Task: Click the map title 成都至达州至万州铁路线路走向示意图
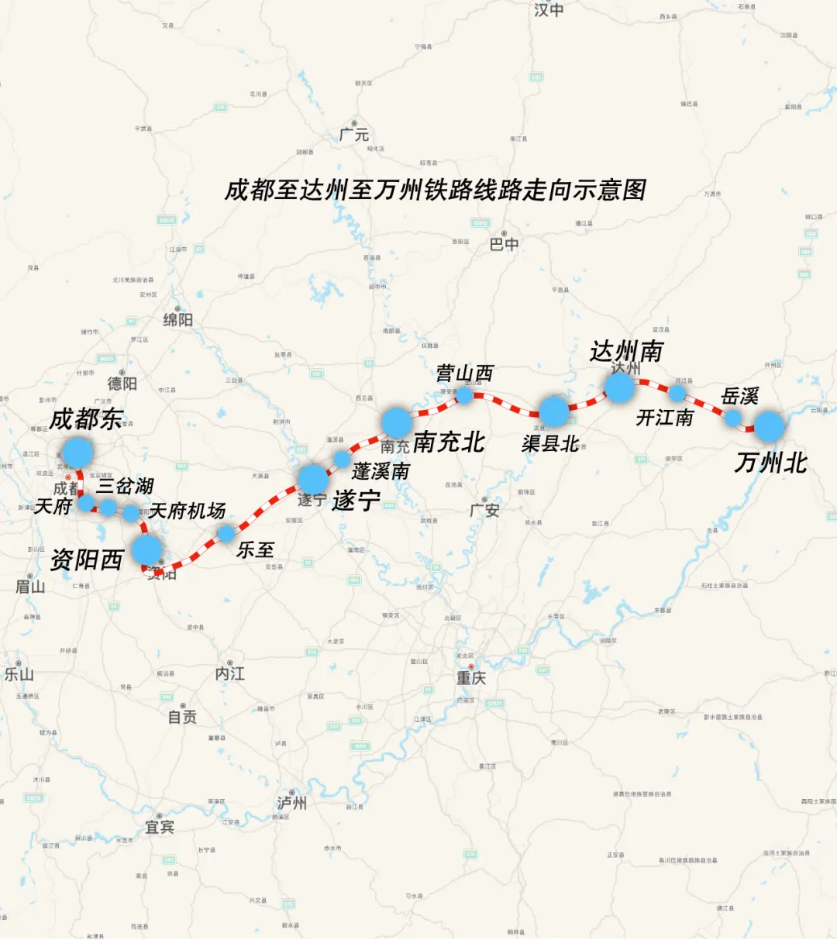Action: [x=435, y=191]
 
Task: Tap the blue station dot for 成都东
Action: [x=77, y=453]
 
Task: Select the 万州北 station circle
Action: [x=770, y=427]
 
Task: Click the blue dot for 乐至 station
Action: [x=226, y=533]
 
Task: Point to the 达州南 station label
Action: [x=626, y=351]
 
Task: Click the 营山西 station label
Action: [x=464, y=374]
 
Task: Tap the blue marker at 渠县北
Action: [x=554, y=411]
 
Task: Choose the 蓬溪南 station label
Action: [x=381, y=471]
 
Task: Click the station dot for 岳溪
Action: [x=732, y=418]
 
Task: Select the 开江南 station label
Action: [x=664, y=418]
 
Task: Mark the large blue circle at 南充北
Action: [x=396, y=423]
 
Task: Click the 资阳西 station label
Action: [x=87, y=560]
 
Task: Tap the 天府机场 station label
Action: [x=187, y=511]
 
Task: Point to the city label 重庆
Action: [x=470, y=678]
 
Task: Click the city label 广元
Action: [x=354, y=134]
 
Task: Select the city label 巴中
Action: [x=504, y=245]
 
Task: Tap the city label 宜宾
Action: [x=160, y=827]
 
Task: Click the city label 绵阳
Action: [x=177, y=319]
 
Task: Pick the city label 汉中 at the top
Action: [x=549, y=10]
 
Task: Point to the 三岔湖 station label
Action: [x=125, y=486]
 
